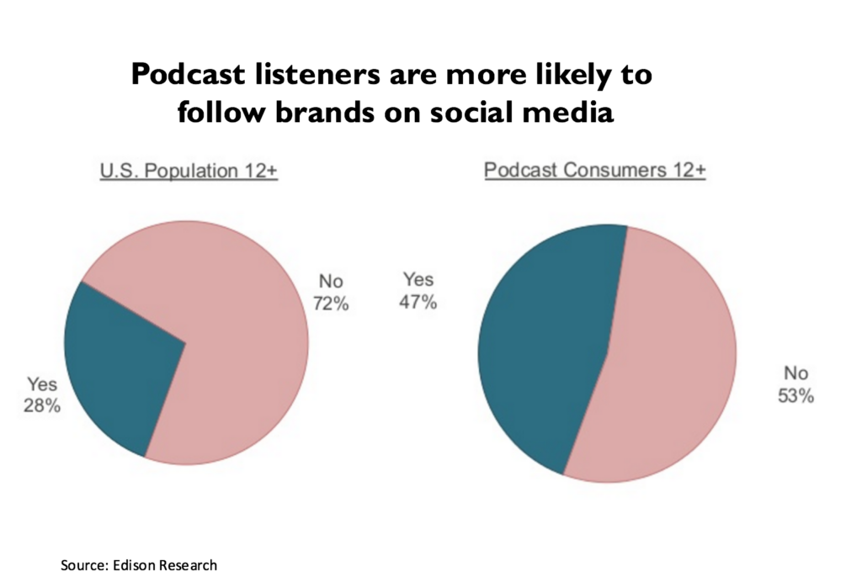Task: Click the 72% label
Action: [x=331, y=304]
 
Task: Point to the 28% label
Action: [x=42, y=406]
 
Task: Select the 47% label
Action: [x=418, y=303]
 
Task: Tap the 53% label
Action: [x=795, y=396]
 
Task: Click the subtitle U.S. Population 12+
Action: [x=189, y=171]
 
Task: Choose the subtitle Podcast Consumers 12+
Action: [x=594, y=171]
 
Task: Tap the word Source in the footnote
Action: [x=82, y=564]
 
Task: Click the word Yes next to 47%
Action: [x=418, y=278]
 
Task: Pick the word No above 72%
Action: [x=331, y=281]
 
